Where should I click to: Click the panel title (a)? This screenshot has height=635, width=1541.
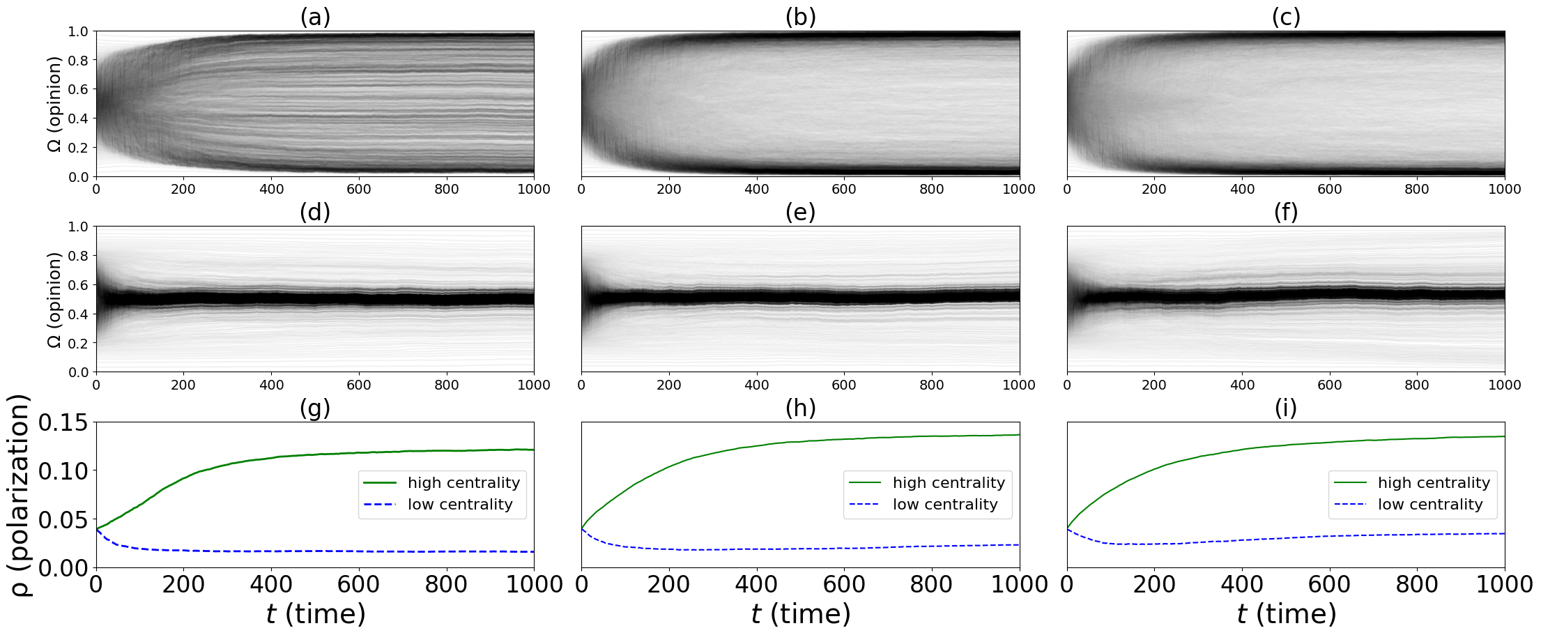point(315,17)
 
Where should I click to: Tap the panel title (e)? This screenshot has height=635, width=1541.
point(800,212)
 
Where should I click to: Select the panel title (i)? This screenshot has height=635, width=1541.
point(1286,408)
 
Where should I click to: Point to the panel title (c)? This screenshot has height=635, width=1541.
point(1286,17)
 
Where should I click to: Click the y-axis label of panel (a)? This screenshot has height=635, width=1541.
point(54,104)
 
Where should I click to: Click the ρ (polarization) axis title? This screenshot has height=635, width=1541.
point(21,495)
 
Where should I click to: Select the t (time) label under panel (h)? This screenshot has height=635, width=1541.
point(800,614)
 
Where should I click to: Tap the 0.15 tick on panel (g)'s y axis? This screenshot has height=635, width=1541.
point(63,422)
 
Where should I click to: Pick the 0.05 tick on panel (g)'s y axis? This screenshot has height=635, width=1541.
point(63,520)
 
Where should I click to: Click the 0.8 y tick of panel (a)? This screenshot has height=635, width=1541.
point(78,61)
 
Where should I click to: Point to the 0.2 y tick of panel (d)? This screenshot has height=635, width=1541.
point(78,344)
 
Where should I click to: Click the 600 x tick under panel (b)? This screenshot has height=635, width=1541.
point(843,190)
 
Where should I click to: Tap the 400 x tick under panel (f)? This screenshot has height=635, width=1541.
point(1242,385)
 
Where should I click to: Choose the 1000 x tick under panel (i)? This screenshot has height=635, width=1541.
point(1504,585)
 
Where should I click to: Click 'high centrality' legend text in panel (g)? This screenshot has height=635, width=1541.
point(463,483)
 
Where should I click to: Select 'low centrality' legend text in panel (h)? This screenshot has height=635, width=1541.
point(945,505)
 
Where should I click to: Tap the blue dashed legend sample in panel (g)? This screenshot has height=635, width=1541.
point(380,505)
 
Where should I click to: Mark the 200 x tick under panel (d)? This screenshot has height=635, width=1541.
point(183,385)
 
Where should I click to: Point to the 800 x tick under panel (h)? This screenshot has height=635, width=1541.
point(931,585)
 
